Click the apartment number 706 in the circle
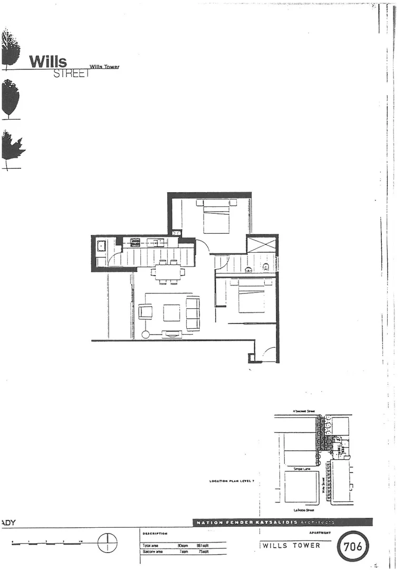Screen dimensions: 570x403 [x=353, y=547]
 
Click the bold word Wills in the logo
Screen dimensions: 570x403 [x=47, y=61]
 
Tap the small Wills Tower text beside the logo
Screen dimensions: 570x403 [x=104, y=67]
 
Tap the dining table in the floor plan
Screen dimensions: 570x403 [x=168, y=272]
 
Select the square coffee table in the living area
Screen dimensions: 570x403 [x=171, y=312]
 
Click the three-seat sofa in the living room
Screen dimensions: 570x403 [x=193, y=312]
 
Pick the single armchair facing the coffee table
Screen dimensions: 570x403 [x=145, y=311]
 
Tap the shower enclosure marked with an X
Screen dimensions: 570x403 [x=262, y=245]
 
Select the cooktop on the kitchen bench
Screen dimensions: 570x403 [x=135, y=242]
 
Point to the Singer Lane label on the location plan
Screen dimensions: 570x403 [x=301, y=469]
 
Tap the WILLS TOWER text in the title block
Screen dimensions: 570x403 [x=291, y=546]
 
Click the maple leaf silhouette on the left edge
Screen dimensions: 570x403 [x=12, y=147]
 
